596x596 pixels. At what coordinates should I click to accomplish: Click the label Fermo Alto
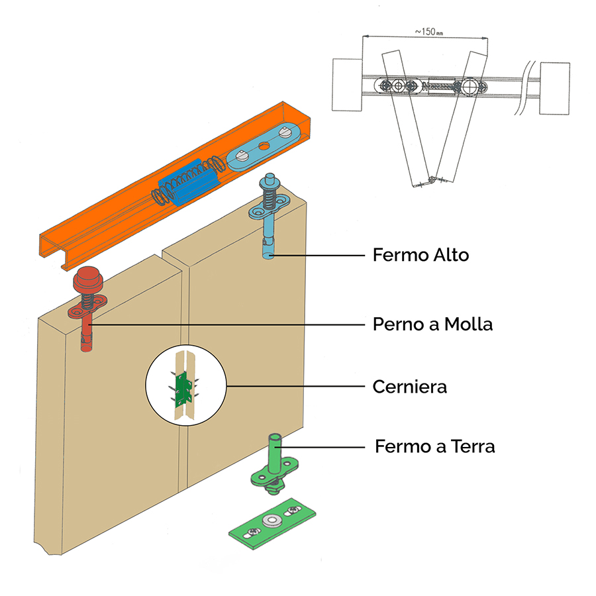(x=421, y=255)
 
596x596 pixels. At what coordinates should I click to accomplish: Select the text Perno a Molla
(x=432, y=324)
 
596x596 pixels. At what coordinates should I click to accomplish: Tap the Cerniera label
(x=409, y=386)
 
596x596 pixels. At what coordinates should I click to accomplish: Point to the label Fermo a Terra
(x=434, y=446)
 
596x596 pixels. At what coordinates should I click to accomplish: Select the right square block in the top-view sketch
(x=554, y=89)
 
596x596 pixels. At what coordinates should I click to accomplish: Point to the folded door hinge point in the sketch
(x=432, y=179)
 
